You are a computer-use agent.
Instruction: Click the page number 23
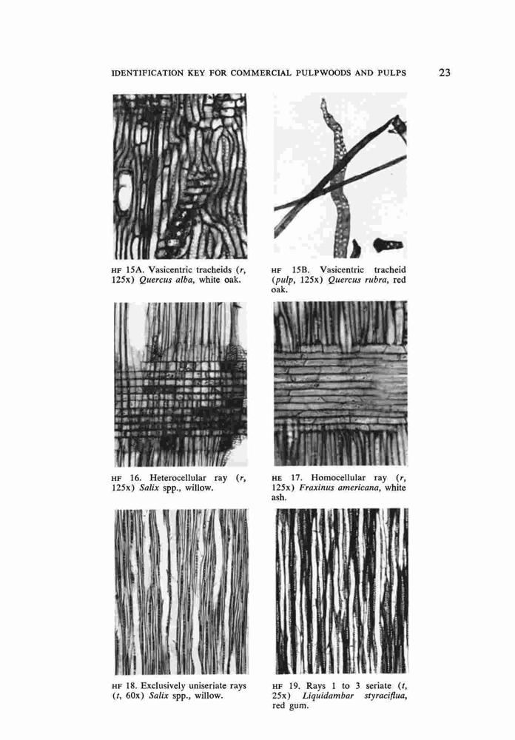tap(444, 73)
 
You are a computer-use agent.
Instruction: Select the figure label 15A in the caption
tap(133, 270)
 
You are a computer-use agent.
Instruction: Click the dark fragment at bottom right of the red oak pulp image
tap(388, 244)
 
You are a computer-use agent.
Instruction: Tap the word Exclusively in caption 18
tap(162, 686)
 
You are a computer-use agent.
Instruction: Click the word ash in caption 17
tap(278, 497)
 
